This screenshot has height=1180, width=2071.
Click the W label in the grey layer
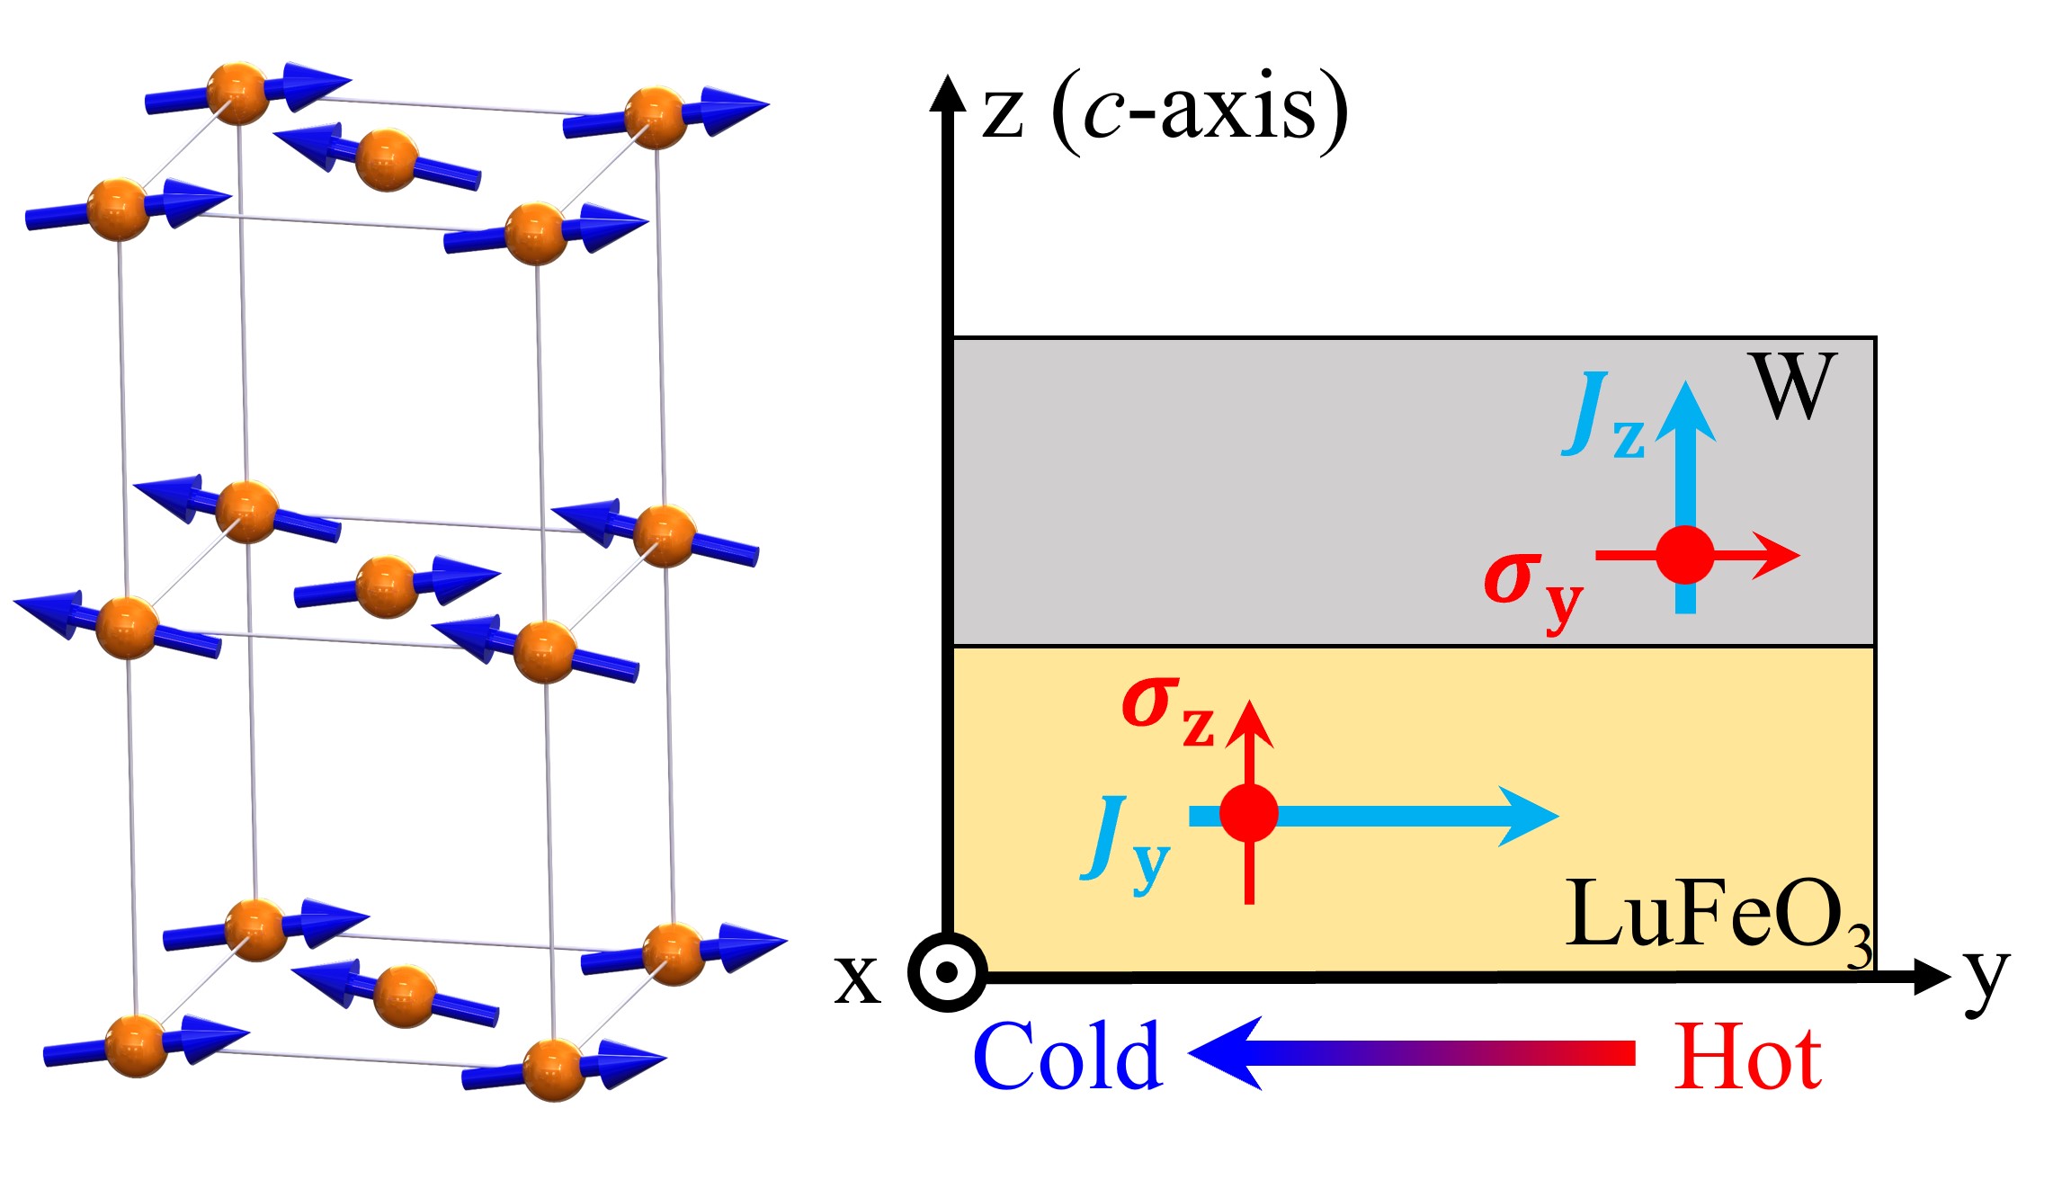tap(1792, 386)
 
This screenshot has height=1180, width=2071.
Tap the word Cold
tap(1068, 1056)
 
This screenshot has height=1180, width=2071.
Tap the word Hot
tap(1747, 1058)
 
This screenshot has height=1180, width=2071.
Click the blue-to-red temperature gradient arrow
tap(1412, 1053)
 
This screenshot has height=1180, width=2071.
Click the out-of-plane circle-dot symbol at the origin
tap(947, 972)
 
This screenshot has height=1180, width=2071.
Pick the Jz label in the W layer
tap(1602, 416)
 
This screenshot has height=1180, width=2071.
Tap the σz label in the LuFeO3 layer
tap(1167, 711)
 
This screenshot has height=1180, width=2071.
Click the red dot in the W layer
tap(1684, 556)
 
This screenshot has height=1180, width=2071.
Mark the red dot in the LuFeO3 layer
tap(1249, 813)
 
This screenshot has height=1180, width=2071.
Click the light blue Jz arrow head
tap(1685, 409)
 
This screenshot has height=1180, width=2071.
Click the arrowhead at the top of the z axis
tap(947, 93)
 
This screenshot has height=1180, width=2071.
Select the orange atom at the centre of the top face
tap(387, 160)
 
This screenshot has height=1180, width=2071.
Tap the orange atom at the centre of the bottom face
tap(404, 996)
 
